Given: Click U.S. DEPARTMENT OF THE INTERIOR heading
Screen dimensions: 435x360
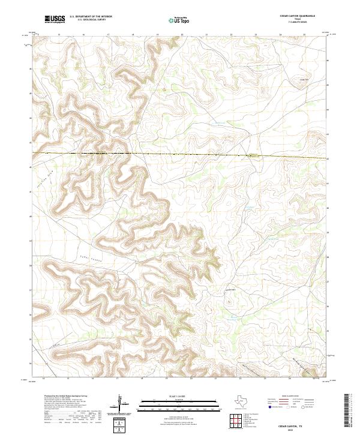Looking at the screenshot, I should pyautogui.click(x=91, y=17).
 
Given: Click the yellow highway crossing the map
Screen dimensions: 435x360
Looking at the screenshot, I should pyautogui.click(x=180, y=155).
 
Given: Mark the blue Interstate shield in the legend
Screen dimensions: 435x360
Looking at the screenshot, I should pyautogui.click(x=269, y=407).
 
